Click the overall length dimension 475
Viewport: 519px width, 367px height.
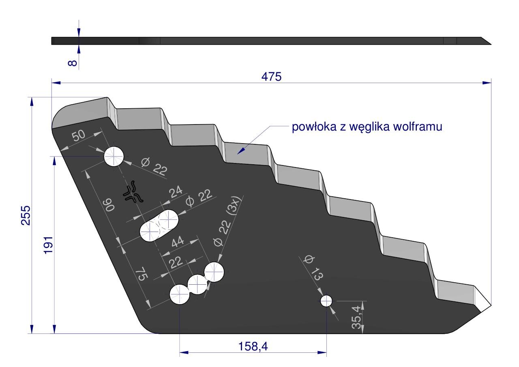point(271,77)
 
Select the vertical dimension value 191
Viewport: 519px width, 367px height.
point(48,245)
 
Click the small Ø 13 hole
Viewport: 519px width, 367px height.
point(326,301)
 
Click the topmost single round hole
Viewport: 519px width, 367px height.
point(114,157)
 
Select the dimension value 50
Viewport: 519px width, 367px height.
point(79,136)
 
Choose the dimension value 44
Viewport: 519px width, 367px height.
point(178,242)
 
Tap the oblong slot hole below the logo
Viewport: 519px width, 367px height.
point(159,225)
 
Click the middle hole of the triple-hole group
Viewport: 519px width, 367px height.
point(197,284)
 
